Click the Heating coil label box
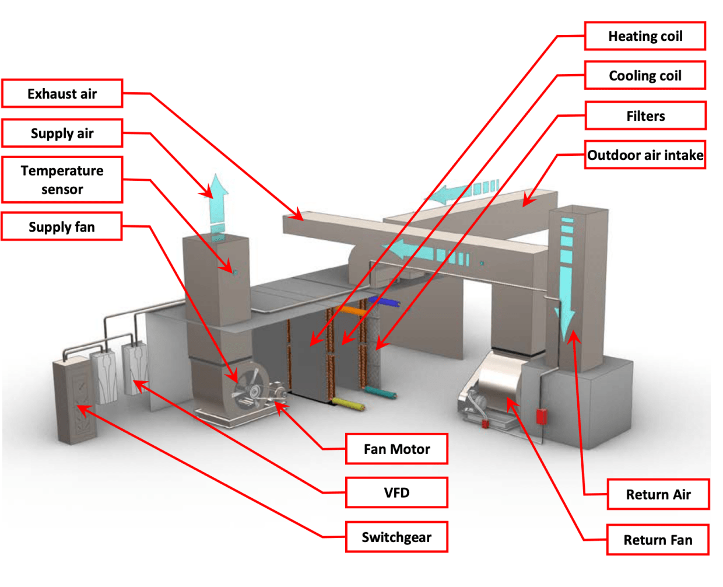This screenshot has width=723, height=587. click(645, 36)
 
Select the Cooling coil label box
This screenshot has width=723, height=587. click(645, 75)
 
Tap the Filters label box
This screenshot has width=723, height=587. click(645, 116)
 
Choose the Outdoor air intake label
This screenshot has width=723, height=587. click(645, 155)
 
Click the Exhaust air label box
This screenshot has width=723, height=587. click(62, 93)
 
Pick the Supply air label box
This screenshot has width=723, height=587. click(62, 133)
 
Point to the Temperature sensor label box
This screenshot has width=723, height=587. click(62, 180)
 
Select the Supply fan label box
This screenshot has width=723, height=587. click(62, 226)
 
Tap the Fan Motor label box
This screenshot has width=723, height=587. click(396, 449)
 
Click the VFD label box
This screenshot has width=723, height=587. click(396, 492)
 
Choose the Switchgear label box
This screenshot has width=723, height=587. click(396, 537)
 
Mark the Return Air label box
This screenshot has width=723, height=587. click(658, 494)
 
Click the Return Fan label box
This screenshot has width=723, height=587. click(658, 540)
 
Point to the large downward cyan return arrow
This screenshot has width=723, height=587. click(566, 280)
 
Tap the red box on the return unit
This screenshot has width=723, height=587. click(541, 416)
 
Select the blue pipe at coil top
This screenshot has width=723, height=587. click(385, 302)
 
